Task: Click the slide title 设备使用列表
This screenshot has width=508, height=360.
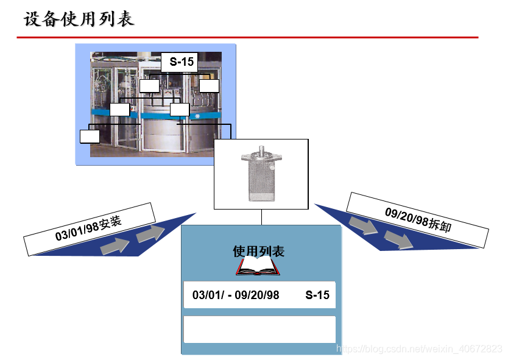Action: point(79,19)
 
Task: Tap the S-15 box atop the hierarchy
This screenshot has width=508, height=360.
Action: point(181,62)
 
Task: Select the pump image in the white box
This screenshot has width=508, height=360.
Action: point(262,175)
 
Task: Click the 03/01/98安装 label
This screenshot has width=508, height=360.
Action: point(90,228)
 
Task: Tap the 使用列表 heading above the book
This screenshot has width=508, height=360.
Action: point(258,251)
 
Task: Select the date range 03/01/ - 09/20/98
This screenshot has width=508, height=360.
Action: point(236,295)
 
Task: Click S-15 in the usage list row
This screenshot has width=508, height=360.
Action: point(317,295)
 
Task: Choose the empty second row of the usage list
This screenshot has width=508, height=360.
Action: point(259,329)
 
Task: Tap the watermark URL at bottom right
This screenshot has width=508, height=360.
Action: point(420,348)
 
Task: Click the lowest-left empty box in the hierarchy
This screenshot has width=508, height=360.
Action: point(90,136)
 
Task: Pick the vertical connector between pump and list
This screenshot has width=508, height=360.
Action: point(262,217)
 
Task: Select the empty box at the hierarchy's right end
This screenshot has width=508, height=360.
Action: point(209,86)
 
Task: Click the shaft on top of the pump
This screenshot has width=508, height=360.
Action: point(262,148)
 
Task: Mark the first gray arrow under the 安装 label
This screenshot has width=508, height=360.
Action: point(114,245)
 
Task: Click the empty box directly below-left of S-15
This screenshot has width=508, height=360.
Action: point(149,86)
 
